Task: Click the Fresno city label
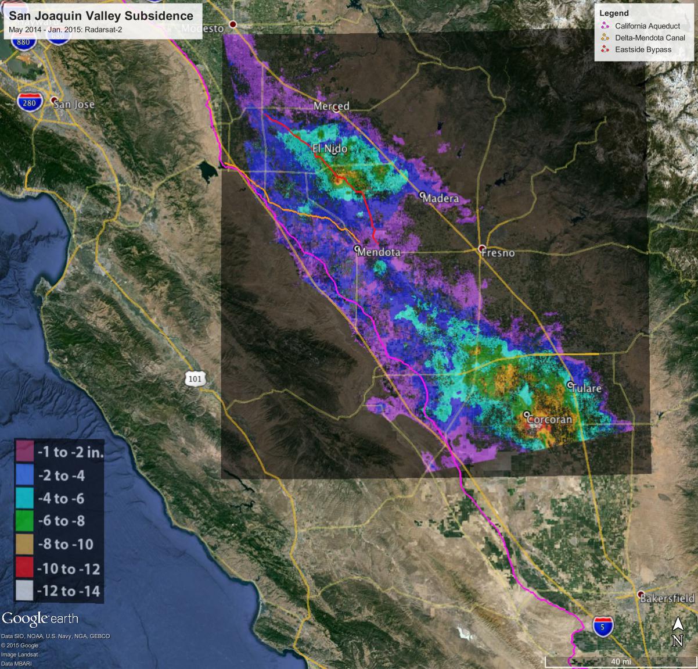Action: click(x=500, y=253)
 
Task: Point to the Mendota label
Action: click(x=379, y=253)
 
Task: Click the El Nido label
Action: click(x=330, y=149)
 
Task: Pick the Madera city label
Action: click(x=441, y=199)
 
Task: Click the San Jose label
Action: click(x=74, y=105)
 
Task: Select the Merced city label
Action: click(x=332, y=106)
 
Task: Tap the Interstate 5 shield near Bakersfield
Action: click(x=603, y=626)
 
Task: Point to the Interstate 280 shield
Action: click(x=30, y=102)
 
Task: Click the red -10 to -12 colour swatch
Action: click(x=25, y=568)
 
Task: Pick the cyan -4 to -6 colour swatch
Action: click(x=25, y=498)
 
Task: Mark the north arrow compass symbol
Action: click(x=677, y=632)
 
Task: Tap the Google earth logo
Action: click(x=39, y=619)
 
